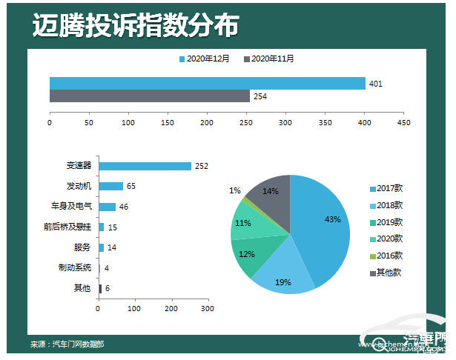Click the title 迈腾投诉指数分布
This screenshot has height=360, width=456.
[136, 25]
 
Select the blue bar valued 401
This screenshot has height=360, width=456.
[207, 84]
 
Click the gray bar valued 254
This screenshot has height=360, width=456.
[149, 96]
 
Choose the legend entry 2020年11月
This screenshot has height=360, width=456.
[273, 59]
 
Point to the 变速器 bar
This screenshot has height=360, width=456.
[145, 166]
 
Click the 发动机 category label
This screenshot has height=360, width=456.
[78, 186]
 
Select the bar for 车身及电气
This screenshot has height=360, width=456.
[108, 207]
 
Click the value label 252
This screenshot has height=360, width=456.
[201, 166]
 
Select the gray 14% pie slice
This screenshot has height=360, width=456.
[270, 194]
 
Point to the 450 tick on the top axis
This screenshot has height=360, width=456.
[403, 122]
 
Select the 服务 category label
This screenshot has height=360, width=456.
[82, 247]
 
